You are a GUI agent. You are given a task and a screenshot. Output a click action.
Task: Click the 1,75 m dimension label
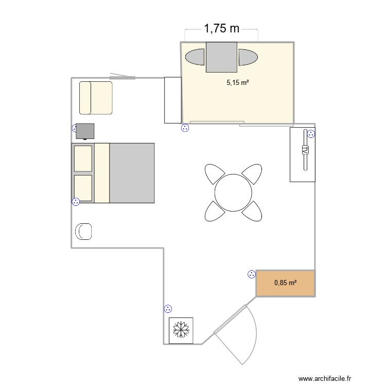click(x=222, y=29)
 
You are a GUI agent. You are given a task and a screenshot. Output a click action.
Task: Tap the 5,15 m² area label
click(x=237, y=81)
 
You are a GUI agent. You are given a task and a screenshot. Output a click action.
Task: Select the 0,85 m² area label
click(x=286, y=283)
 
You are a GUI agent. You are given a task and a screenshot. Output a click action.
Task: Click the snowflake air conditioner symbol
click(x=181, y=329)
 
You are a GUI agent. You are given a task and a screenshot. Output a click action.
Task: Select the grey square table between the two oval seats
click(x=221, y=57)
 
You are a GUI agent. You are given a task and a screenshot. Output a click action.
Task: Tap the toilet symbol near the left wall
click(x=83, y=232)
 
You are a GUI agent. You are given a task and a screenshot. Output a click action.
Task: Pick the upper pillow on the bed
click(x=83, y=159)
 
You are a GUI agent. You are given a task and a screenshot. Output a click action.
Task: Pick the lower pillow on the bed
click(x=83, y=188)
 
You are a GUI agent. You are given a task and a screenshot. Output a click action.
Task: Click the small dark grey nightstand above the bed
click(x=85, y=131)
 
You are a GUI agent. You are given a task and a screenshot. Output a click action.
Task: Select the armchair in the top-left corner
click(x=96, y=97)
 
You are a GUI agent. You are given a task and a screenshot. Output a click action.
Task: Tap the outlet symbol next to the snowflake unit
click(x=167, y=309)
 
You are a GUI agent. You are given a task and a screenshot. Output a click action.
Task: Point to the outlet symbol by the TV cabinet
click(x=311, y=134)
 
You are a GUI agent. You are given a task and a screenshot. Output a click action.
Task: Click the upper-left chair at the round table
click(x=213, y=173)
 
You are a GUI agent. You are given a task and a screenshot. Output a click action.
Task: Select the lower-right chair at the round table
click(x=252, y=211)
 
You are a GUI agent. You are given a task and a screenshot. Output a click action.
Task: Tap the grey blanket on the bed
click(x=132, y=173)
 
